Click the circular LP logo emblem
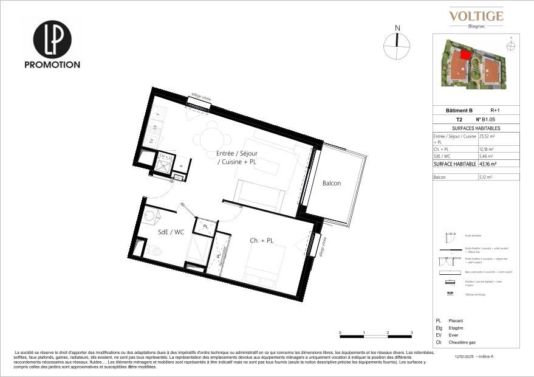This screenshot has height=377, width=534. coord(52,40)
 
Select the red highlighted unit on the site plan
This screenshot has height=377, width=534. coord(465,55)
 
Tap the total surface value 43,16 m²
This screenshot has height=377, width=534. coord(486,164)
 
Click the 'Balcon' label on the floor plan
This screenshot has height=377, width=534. coord(331,184)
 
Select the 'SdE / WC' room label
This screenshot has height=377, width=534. coord(170,232)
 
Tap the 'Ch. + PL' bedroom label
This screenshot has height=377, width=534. coord(261,241)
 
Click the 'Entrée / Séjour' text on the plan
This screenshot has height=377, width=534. coord(237,153)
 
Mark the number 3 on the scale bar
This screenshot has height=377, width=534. coord(411,333)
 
